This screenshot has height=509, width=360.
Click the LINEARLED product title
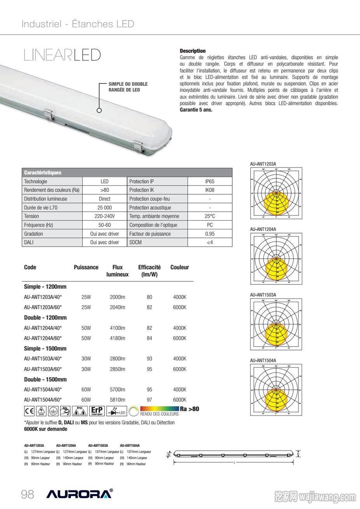[x=62, y=55]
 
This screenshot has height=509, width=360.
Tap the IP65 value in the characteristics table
[x=210, y=181]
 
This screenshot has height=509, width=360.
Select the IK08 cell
[x=210, y=190]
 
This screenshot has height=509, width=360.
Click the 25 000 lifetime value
[x=104, y=207]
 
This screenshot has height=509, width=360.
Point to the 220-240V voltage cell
[x=104, y=216]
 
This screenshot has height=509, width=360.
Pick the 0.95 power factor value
[x=210, y=234]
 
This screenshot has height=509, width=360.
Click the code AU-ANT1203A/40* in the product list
[x=43, y=297]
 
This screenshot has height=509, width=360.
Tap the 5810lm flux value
[x=117, y=400]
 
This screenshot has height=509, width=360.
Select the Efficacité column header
[x=149, y=270]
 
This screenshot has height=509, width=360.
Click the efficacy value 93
[x=150, y=359]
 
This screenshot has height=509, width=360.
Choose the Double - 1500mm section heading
[x=45, y=379]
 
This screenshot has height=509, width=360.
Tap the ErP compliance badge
[x=97, y=411]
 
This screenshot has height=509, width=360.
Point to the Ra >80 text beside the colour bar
[x=190, y=409]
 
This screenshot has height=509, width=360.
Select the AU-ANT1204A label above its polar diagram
[x=263, y=230]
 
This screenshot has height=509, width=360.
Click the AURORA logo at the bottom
[x=80, y=494]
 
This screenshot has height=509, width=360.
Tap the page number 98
[x=28, y=494]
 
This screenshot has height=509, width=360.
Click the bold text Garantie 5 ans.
[x=196, y=110]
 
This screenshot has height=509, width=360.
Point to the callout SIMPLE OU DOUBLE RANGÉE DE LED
[x=128, y=87]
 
